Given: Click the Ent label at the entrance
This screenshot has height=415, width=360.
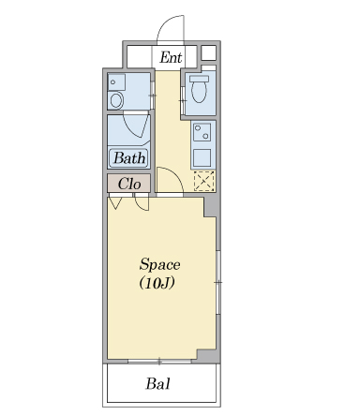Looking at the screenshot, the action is (x=171, y=57).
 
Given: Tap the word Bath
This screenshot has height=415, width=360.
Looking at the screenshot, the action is (x=129, y=158).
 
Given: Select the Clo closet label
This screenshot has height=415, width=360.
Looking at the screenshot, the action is (x=129, y=184).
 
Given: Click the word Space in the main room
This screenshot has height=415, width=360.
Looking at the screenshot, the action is (x=159, y=265).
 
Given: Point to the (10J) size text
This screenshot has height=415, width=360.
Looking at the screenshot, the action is (x=157, y=283).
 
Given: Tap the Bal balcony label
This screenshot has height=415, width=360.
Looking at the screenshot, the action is (x=158, y=383).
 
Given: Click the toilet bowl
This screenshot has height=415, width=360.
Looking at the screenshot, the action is (x=199, y=89).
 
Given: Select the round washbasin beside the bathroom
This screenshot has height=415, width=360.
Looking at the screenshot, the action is (x=116, y=100).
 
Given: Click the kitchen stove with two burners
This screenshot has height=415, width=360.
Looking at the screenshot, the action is (x=202, y=132).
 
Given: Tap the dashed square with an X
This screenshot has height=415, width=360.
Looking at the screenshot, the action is (x=204, y=181).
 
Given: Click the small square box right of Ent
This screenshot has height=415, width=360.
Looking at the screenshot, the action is (x=208, y=52).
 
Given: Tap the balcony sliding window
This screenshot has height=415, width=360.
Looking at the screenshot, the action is (x=159, y=362).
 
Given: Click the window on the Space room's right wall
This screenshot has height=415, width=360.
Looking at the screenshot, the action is (x=218, y=282).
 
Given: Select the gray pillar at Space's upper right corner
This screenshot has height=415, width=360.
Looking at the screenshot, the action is (x=211, y=207).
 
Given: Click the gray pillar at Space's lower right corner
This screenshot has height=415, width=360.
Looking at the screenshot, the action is (x=207, y=355).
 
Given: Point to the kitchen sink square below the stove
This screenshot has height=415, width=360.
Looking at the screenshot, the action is (x=202, y=157).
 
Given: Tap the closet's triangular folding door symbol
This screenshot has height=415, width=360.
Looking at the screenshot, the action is (x=114, y=203).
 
